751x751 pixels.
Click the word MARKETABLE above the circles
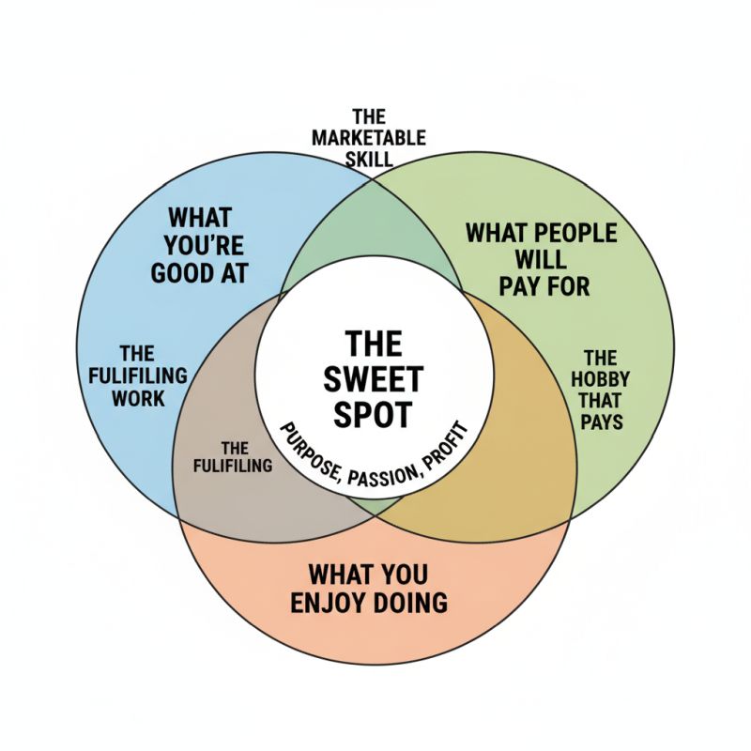368,138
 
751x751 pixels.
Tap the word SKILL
369,159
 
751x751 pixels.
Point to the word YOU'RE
212,247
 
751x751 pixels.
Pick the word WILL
542,258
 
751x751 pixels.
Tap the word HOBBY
601,379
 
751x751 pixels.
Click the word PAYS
601,421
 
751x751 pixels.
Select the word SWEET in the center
373,379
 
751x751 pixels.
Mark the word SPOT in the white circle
373,414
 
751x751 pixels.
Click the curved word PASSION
385,477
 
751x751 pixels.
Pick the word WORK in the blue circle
137,398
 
